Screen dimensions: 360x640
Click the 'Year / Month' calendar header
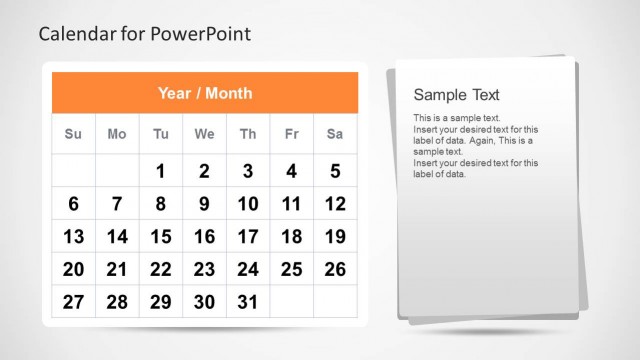204,93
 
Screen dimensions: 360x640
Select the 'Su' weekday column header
73,134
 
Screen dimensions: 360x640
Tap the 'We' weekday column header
204,134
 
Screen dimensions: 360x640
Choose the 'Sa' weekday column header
335,134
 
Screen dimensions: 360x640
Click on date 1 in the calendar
160,171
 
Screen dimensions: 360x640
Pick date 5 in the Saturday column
335,171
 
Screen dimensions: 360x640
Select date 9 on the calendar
204,204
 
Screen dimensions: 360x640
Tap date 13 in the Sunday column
73,237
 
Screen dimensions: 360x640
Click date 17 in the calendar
248,237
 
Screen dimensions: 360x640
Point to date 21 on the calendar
117,269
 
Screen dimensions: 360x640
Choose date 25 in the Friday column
291,269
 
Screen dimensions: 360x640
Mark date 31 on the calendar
248,302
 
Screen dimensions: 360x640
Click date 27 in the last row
73,302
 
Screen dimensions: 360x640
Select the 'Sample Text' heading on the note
456,95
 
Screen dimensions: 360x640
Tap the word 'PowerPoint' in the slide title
204,34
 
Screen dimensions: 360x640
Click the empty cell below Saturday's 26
335,302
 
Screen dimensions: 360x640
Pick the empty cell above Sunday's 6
73,171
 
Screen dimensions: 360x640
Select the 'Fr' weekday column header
291,134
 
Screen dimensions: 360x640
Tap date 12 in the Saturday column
335,204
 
